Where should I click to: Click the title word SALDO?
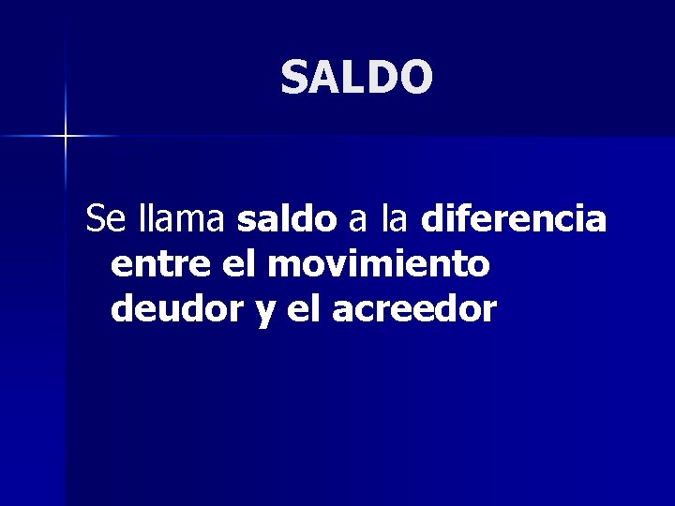tap(356, 78)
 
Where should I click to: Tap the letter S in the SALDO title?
tap(294, 78)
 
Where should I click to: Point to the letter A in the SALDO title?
tap(323, 78)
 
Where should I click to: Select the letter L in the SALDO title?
tap(350, 78)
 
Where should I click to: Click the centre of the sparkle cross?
tap(66, 137)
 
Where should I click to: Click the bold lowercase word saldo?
tap(287, 220)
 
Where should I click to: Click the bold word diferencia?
tap(514, 220)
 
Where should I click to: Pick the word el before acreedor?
tap(303, 308)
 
